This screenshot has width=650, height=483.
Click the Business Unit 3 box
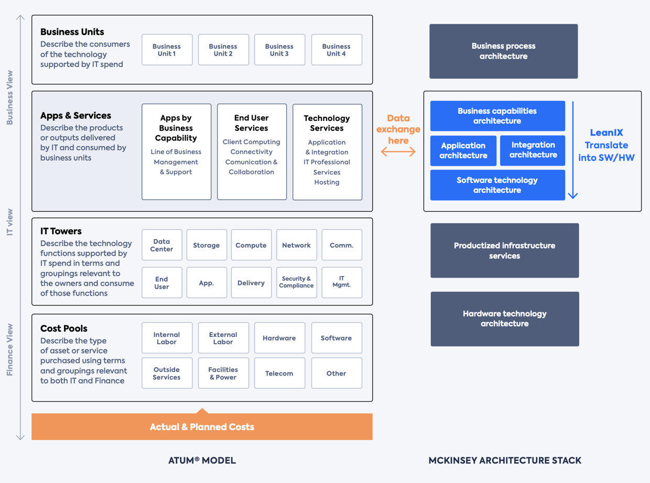point(279,50)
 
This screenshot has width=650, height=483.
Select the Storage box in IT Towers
point(207,245)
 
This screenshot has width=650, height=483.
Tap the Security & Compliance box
point(296,282)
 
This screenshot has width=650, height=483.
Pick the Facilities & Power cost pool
point(223,373)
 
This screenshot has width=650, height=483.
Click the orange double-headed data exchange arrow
point(398,152)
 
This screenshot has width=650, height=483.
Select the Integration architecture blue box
point(533,150)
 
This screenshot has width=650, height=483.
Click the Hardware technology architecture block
point(504,319)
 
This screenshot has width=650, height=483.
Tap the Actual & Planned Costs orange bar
point(202,427)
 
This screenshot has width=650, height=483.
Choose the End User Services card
point(252,151)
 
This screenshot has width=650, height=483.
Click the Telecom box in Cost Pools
point(279,373)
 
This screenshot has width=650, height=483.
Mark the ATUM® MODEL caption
point(202,461)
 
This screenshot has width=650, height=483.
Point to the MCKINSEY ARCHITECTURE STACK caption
point(505,461)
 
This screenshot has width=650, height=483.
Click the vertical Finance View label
point(10,350)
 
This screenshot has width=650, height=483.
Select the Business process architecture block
point(503,51)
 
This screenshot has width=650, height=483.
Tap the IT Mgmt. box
point(342,282)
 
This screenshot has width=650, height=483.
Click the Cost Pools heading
point(64,328)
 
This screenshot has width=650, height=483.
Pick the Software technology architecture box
point(497,185)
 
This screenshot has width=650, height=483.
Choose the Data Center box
point(161,245)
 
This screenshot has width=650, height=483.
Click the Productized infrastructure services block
point(504,251)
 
